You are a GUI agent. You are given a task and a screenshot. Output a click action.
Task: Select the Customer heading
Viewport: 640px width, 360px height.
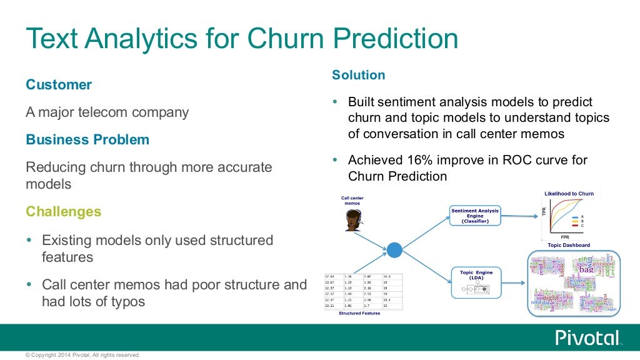(x=59, y=85)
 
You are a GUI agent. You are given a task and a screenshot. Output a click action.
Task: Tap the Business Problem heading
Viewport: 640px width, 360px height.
(x=87, y=139)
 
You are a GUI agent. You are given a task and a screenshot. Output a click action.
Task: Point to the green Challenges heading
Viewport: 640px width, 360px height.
(x=63, y=212)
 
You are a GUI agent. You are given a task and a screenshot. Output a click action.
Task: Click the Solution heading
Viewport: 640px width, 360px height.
(x=358, y=75)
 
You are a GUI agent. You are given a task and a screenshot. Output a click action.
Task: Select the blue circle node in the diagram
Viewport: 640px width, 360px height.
(x=394, y=250)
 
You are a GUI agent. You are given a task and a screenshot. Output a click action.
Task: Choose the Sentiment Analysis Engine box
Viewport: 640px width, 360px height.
(x=475, y=216)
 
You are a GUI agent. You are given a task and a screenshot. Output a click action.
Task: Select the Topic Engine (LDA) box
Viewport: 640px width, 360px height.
(x=476, y=282)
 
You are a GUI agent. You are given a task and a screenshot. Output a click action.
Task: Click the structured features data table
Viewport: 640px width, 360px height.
(x=362, y=291)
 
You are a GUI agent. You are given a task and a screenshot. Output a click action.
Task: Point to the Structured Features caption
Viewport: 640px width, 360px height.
(x=359, y=313)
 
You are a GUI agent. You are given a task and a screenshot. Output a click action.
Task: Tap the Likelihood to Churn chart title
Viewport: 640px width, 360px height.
(x=569, y=194)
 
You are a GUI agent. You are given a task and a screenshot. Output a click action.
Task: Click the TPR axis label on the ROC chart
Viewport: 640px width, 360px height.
(x=544, y=212)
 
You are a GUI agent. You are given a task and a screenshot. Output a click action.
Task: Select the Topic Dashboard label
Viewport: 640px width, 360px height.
(x=569, y=246)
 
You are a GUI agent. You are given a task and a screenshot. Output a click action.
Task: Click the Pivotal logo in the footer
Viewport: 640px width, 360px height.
(x=587, y=337)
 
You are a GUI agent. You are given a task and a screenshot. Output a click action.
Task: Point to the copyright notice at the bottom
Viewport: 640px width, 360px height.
(x=82, y=355)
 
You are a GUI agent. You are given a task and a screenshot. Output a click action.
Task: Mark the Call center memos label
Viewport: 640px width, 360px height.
(x=352, y=201)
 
